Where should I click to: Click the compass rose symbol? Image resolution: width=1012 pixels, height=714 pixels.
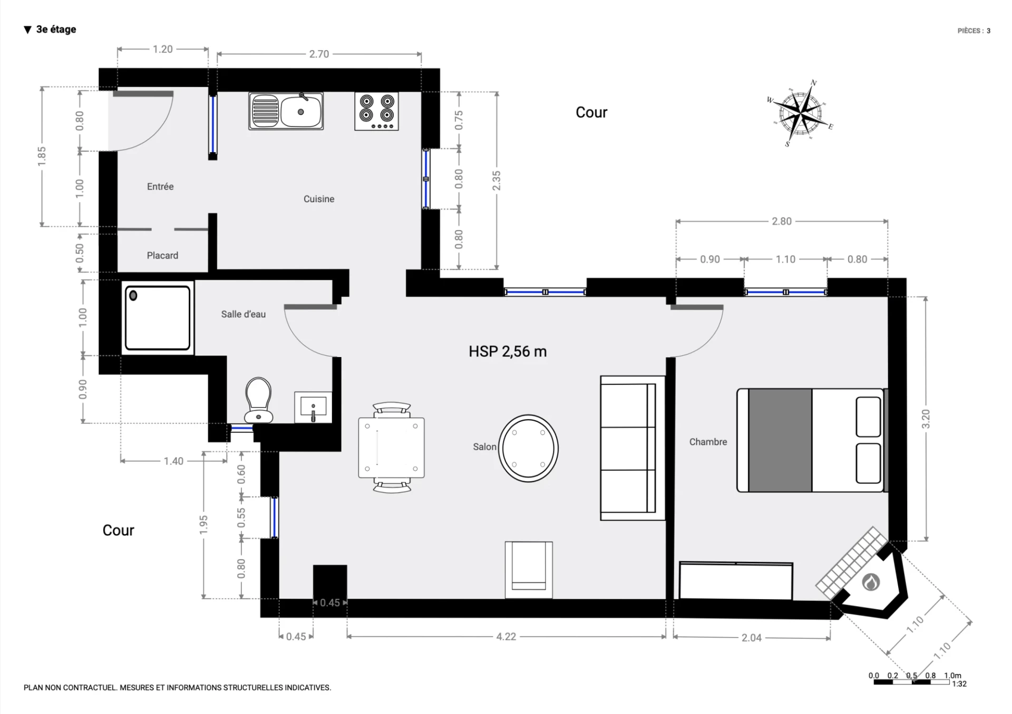pyautogui.click(x=800, y=113)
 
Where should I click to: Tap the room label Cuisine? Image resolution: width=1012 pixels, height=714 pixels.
pyautogui.click(x=319, y=199)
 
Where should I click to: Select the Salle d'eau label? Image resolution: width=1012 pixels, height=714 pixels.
pyautogui.click(x=243, y=314)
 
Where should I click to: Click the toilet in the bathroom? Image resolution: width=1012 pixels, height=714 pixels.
pyautogui.click(x=259, y=400)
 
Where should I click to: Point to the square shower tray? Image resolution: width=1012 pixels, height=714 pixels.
pyautogui.click(x=158, y=318)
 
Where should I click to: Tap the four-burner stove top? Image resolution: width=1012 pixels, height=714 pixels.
pyautogui.click(x=376, y=111)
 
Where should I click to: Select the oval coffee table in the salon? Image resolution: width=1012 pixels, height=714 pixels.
pyautogui.click(x=528, y=449)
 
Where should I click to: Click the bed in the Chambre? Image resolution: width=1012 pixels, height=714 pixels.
pyautogui.click(x=812, y=441)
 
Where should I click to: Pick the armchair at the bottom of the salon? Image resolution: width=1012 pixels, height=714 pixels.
pyautogui.click(x=529, y=570)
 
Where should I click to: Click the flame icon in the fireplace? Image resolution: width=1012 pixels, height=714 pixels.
pyautogui.click(x=871, y=582)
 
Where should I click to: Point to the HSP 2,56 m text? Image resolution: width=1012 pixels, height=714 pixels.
pyautogui.click(x=508, y=352)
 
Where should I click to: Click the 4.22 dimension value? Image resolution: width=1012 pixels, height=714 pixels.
pyautogui.click(x=506, y=637)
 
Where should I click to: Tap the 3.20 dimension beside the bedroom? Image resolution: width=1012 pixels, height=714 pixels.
pyautogui.click(x=926, y=419)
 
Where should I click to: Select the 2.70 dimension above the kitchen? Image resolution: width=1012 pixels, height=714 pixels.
pyautogui.click(x=319, y=54)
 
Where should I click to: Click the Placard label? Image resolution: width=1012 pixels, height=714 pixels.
pyautogui.click(x=162, y=255)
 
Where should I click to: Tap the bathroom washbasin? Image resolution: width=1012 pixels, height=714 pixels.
pyautogui.click(x=313, y=407)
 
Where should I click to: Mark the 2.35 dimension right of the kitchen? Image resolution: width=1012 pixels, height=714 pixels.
pyautogui.click(x=497, y=181)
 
